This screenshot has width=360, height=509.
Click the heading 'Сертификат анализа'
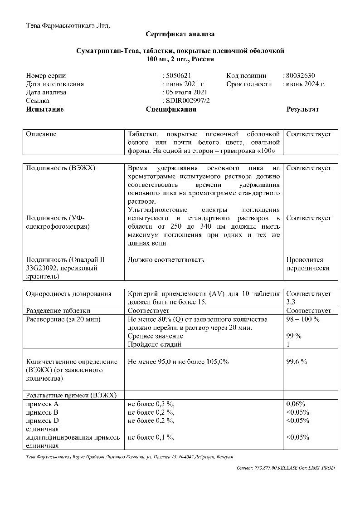point(180,34)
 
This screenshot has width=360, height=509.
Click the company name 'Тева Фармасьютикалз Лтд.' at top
point(68,25)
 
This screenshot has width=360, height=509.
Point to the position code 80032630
point(300,76)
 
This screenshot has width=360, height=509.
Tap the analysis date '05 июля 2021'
point(186,93)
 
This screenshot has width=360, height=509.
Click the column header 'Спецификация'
point(171,109)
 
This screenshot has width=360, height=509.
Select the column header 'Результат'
point(302,109)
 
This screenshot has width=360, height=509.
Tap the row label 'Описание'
point(41,134)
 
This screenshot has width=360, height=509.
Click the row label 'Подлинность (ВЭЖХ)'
point(61,168)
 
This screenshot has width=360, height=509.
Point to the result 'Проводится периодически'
point(308,264)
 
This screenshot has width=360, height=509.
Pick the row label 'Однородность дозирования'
point(69,294)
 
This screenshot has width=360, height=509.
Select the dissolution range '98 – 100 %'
point(303,319)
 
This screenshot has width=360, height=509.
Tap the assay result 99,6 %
point(297,362)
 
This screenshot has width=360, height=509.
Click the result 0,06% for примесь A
point(296,403)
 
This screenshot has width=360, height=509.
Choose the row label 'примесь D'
point(42,420)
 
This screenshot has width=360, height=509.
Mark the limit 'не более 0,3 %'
point(151,403)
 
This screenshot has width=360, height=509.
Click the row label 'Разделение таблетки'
point(58,311)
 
